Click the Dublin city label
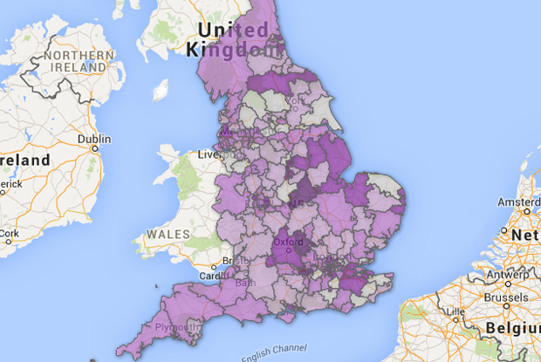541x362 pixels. pyautogui.click(x=93, y=139)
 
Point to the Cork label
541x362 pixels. pyautogui.click(x=9, y=234)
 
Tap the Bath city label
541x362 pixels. pyautogui.click(x=243, y=282)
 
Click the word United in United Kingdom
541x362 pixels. pyautogui.click(x=233, y=31)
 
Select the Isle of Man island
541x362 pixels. pyautogui.click(x=160, y=91)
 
